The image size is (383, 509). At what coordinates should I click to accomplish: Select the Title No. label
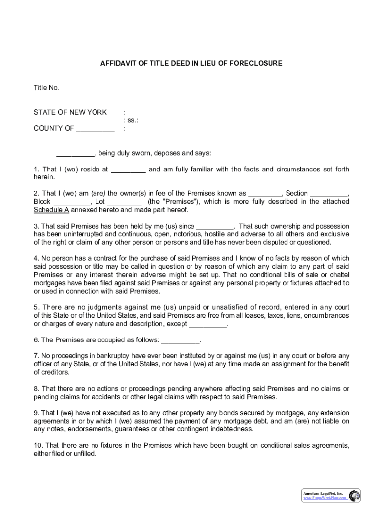click(47, 88)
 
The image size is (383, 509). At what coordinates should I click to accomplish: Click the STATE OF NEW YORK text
click(70, 112)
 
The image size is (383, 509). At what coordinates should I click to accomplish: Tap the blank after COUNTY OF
click(95, 129)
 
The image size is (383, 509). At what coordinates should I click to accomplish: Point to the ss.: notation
click(131, 120)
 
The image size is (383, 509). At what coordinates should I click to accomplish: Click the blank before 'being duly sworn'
click(75, 153)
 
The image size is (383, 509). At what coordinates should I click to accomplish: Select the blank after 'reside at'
click(128, 170)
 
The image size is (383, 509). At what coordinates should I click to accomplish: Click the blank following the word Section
click(330, 194)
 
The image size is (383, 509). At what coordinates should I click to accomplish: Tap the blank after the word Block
click(72, 202)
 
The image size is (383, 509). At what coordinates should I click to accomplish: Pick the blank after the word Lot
click(124, 202)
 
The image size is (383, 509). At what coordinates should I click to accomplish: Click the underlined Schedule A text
click(51, 210)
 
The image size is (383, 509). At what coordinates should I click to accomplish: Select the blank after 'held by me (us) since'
click(215, 226)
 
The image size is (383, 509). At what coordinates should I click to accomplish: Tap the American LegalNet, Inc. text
click(323, 493)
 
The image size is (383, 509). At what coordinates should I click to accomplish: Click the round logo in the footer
click(354, 495)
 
